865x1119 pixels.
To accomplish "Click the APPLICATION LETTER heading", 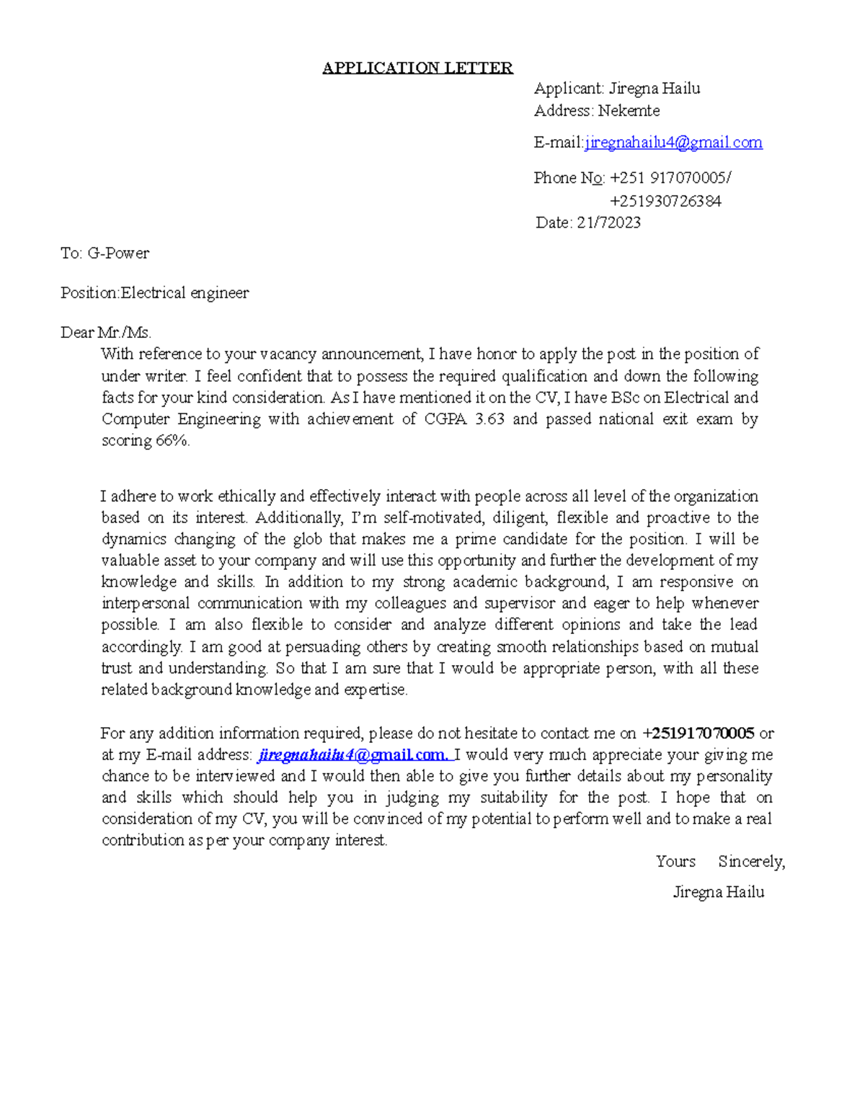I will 417,68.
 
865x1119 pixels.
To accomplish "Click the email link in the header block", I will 673,143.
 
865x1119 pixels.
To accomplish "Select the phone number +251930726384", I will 665,201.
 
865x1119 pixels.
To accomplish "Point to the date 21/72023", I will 608,223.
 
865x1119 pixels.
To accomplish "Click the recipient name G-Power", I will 118,254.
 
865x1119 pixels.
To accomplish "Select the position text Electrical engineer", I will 185,293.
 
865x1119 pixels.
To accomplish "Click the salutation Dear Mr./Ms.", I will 106,333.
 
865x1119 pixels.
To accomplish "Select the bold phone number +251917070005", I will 698,734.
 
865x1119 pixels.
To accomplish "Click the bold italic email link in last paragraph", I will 353,755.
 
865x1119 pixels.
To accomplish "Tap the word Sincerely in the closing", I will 751,862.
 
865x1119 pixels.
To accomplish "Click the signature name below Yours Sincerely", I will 718,893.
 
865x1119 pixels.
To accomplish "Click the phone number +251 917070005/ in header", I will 670,178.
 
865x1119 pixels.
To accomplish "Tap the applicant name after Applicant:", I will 654,89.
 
